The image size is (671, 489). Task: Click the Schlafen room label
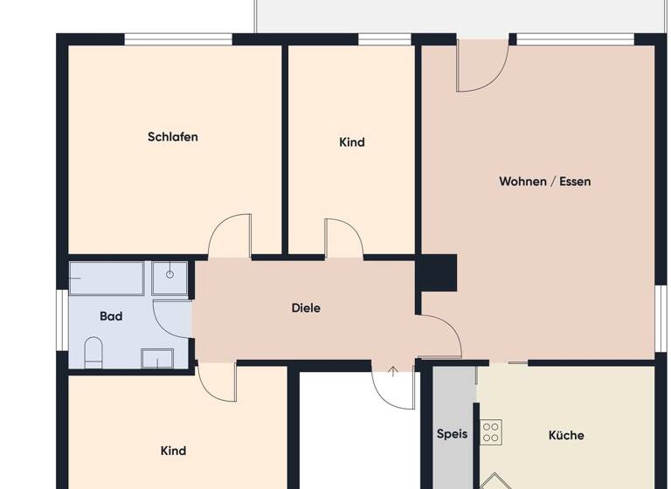(173, 137)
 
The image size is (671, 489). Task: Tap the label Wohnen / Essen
(544, 182)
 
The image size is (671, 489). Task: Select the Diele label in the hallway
(306, 308)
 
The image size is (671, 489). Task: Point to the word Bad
(111, 316)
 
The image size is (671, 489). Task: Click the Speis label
(452, 434)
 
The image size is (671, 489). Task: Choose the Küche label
(566, 435)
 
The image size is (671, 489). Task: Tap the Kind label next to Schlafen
(352, 142)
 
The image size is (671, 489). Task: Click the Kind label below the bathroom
(173, 451)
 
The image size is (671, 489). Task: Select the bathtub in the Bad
(107, 278)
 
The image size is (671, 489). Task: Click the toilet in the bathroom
(93, 354)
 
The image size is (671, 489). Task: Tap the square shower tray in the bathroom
(169, 277)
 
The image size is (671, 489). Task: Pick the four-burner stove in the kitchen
(491, 431)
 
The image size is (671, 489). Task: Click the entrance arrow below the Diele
(393, 372)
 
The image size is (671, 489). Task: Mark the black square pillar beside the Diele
(436, 272)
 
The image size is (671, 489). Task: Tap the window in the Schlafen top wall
(178, 38)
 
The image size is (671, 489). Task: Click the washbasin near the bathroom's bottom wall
(157, 358)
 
